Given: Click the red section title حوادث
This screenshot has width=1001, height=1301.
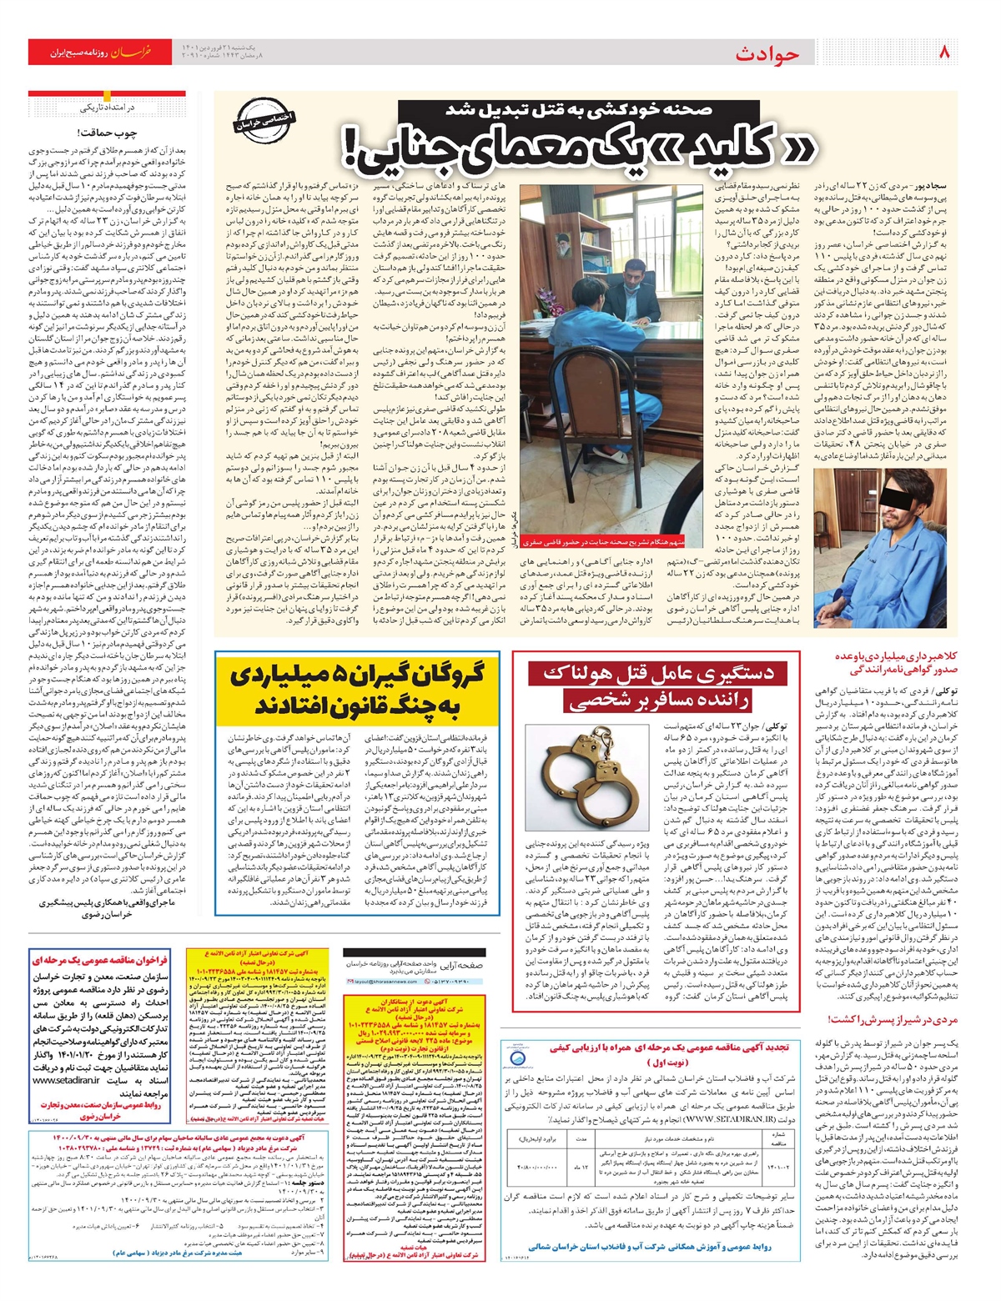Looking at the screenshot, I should click(x=767, y=54).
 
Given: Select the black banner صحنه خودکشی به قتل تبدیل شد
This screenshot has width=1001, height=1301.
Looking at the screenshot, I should click(x=578, y=109).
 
